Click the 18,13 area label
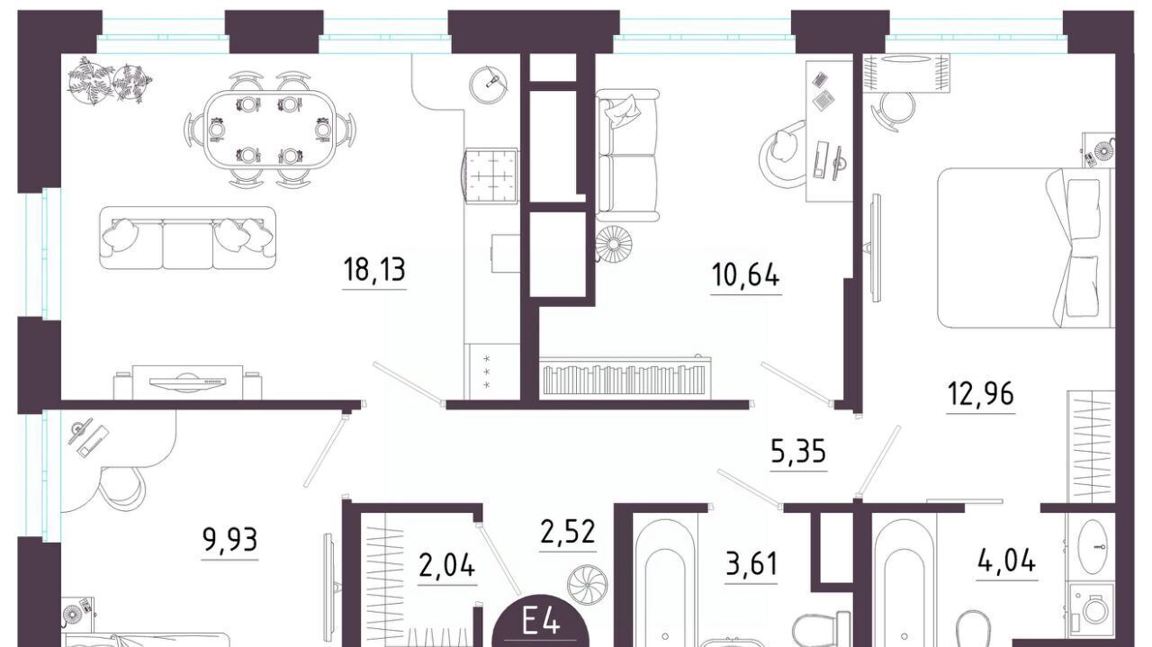[374, 270]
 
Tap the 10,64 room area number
[746, 275]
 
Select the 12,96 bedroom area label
[981, 394]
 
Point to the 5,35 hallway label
[798, 452]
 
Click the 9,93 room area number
[229, 540]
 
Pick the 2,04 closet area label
[447, 566]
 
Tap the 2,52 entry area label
[568, 532]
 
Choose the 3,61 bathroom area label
[751, 563]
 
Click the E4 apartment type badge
[541, 625]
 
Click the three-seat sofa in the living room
[187, 238]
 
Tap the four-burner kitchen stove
[490, 175]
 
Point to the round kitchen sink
[488, 84]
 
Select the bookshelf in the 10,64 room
[625, 378]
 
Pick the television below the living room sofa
[188, 382]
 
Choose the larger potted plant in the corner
[92, 81]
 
